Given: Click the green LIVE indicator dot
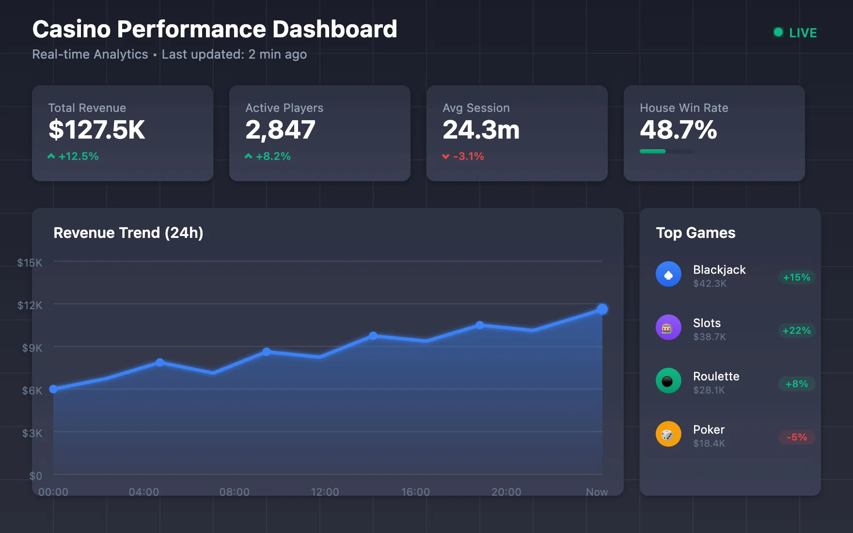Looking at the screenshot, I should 778,32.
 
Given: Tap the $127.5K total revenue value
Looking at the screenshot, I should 96,130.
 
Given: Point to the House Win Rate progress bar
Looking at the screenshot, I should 666,151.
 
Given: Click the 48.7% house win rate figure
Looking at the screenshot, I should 678,130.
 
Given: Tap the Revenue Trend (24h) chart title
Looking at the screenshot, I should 128,233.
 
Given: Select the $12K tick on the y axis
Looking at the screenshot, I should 30,305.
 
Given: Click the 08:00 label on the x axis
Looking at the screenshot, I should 234,492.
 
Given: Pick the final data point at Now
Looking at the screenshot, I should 602,309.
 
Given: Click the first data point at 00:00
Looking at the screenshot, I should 54,389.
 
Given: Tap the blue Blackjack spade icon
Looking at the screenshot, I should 668,274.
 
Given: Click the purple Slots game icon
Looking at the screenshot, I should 668,328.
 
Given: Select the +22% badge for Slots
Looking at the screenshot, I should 796,330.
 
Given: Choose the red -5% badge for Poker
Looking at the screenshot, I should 796,437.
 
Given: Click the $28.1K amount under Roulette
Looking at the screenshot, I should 709,390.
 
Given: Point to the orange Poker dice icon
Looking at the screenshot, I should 668,434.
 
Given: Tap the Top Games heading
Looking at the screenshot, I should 695,233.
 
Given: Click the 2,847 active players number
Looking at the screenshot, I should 280,130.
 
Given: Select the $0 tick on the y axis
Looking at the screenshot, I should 35,476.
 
